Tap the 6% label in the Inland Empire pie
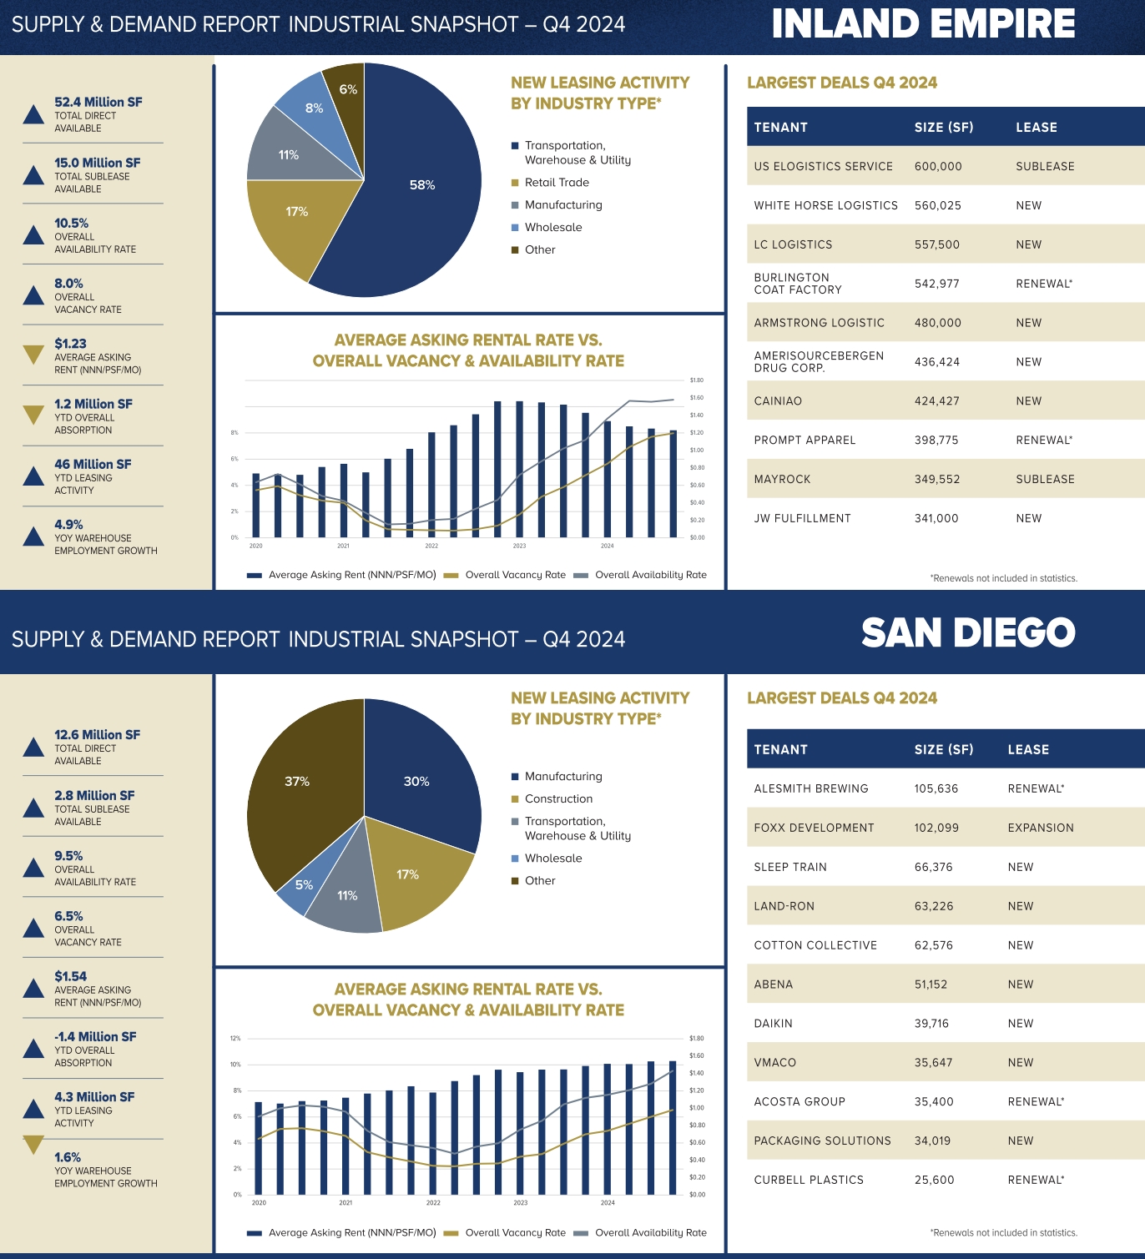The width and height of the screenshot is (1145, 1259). (x=348, y=89)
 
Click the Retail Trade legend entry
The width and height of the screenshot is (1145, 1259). (x=557, y=183)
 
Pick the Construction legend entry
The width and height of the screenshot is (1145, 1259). (x=558, y=799)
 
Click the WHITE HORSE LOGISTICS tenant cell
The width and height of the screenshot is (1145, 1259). (x=825, y=205)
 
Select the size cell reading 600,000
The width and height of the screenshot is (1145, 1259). (x=938, y=167)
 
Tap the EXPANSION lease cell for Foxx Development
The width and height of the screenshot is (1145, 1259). (x=1040, y=828)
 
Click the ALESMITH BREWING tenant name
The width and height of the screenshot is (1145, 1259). (x=810, y=788)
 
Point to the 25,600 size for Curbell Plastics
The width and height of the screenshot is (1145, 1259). (x=934, y=1180)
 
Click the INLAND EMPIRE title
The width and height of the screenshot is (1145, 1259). (x=923, y=24)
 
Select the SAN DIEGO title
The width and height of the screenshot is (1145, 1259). (x=968, y=633)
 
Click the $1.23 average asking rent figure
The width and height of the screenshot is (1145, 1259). (x=70, y=344)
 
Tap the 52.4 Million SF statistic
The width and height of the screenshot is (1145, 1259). (x=98, y=102)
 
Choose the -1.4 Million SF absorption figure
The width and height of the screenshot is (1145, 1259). (x=95, y=1036)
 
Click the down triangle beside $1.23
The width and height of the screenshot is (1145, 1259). (x=33, y=355)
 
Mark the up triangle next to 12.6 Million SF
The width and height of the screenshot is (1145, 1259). (x=33, y=747)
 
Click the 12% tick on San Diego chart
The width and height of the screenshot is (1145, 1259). (x=235, y=1039)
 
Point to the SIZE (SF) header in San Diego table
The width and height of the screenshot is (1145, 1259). (x=943, y=750)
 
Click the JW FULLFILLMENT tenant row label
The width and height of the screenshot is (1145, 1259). (x=802, y=518)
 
